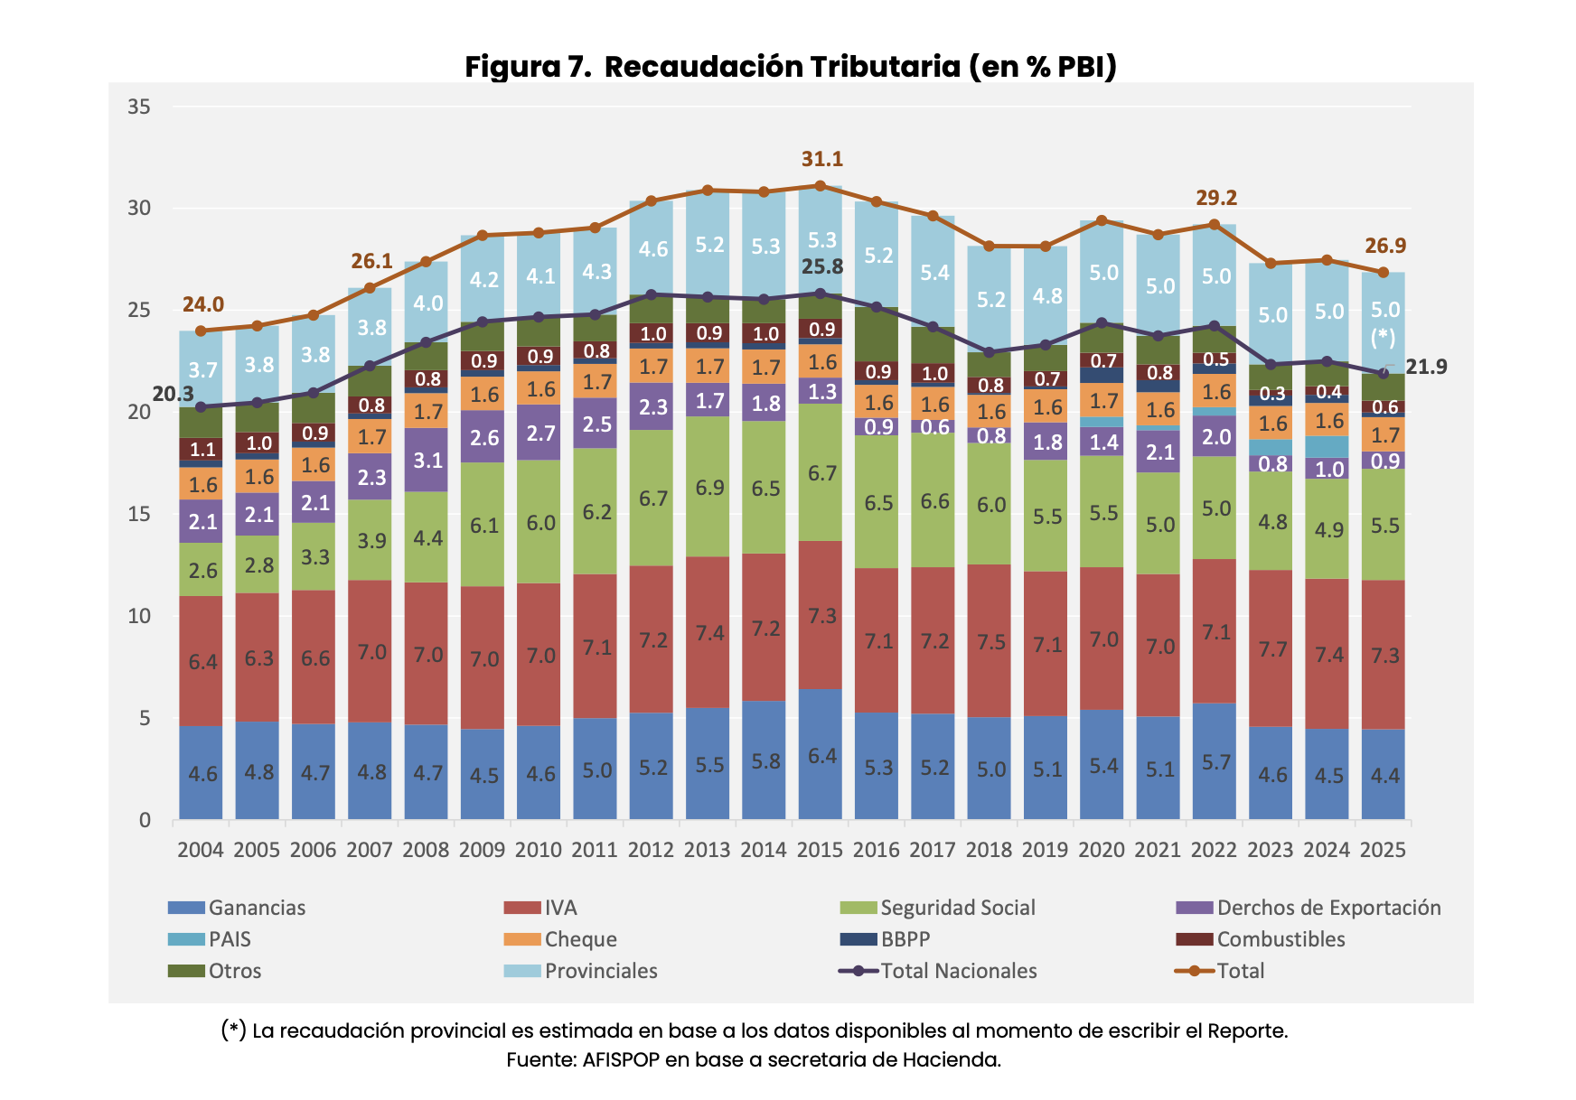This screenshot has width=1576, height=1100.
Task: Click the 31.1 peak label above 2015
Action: pyautogui.click(x=821, y=159)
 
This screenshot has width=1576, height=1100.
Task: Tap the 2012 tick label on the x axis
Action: pyautogui.click(x=652, y=850)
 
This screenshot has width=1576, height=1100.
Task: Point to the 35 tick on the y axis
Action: pyautogui.click(x=138, y=107)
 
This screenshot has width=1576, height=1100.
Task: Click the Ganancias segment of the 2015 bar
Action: pyautogui.click(x=821, y=755)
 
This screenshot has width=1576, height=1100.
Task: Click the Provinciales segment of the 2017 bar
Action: pyautogui.click(x=933, y=271)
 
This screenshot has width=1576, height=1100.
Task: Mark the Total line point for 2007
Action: pyautogui.click(x=370, y=288)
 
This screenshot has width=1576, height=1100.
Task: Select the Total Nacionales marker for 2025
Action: pyautogui.click(x=1383, y=373)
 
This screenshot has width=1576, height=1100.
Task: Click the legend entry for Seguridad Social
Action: pyautogui.click(x=957, y=908)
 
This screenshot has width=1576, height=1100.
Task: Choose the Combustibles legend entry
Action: pyautogui.click(x=1280, y=939)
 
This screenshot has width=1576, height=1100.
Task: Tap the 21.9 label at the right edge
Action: pyautogui.click(x=1426, y=367)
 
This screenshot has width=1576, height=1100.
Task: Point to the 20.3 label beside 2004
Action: pyautogui.click(x=173, y=394)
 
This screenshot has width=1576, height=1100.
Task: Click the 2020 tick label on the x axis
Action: pyautogui.click(x=1102, y=850)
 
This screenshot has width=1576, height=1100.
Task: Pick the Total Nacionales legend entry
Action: pyautogui.click(x=958, y=971)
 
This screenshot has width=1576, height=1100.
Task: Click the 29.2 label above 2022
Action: pyautogui.click(x=1215, y=198)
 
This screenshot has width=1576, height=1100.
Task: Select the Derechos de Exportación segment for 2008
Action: pyautogui.click(x=427, y=460)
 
